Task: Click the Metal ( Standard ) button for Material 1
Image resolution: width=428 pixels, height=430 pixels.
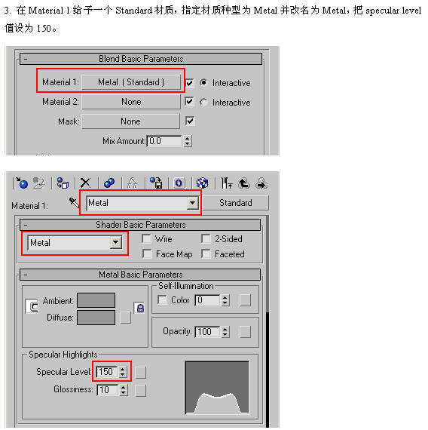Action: point(131,82)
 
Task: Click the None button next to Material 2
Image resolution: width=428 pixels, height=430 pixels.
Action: point(131,102)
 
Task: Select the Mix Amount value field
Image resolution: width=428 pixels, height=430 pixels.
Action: point(164,141)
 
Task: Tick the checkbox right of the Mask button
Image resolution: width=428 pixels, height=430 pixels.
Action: point(190,121)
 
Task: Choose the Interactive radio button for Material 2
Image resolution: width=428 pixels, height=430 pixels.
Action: point(203,103)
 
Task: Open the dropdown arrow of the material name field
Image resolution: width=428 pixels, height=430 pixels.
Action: point(193,203)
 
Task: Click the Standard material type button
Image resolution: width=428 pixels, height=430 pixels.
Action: point(236,203)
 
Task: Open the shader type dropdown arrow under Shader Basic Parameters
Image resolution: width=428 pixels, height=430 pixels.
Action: point(115,242)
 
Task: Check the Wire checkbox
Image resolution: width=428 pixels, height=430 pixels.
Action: point(147,238)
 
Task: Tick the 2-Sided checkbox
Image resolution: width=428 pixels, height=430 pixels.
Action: point(206,238)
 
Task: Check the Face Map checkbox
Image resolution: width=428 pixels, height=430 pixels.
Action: point(147,253)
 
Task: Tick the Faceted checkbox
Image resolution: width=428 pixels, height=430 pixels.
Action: point(206,253)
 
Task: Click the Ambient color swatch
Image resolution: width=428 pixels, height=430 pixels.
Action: point(96,300)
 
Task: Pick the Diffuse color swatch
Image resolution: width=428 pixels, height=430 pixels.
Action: point(96,318)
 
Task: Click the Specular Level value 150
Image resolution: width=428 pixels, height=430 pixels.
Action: point(107,372)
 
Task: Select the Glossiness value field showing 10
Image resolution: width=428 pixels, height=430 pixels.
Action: point(108,390)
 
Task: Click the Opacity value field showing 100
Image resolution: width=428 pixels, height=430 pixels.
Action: point(207,332)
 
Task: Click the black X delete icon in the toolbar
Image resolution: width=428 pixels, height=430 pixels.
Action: point(85,183)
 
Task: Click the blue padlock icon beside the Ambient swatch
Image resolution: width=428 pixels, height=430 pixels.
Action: point(140,308)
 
